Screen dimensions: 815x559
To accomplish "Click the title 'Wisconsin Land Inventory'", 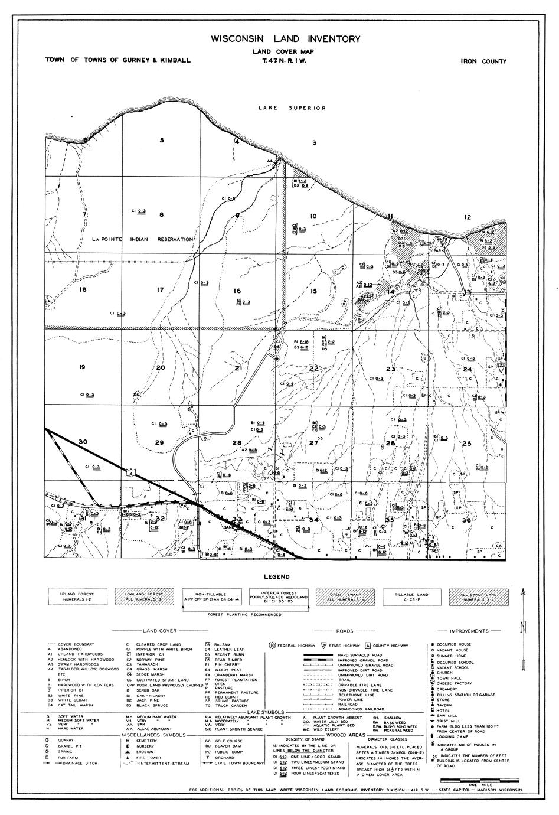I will pyautogui.click(x=280, y=39).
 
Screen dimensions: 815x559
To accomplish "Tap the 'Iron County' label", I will pyautogui.click(x=483, y=61).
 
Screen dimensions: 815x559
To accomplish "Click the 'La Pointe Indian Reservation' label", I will pyautogui.click(x=143, y=239).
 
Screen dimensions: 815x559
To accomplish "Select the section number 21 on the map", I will pyautogui.click(x=238, y=368).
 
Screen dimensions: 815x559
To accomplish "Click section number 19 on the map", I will pyautogui.click(x=82, y=367).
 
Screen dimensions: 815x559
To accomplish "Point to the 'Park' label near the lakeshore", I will pyautogui.click(x=437, y=250).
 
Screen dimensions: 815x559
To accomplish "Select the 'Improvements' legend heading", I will pyautogui.click(x=470, y=631).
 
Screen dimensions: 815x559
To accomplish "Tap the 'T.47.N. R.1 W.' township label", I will pyautogui.click(x=280, y=61).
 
